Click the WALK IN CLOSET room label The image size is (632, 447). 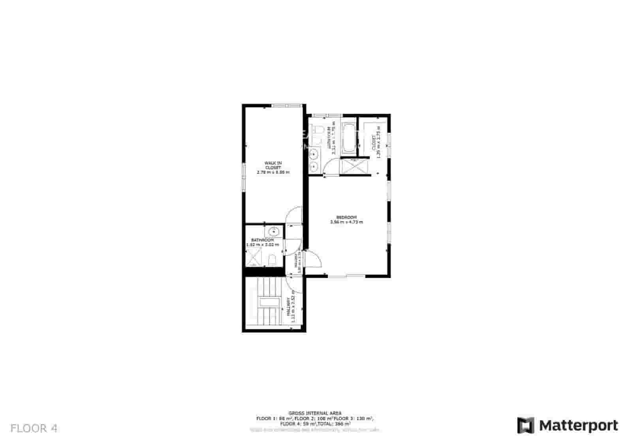[x=273, y=167]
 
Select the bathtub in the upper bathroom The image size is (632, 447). [x=348, y=138]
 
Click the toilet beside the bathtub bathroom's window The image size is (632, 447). [x=318, y=130]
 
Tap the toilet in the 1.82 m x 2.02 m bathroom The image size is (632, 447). [x=272, y=260]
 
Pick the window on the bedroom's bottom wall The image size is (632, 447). [x=346, y=276]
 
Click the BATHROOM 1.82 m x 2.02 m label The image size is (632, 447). [x=263, y=242]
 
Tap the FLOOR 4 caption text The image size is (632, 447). [x=34, y=428]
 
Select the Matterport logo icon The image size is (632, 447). [x=526, y=425]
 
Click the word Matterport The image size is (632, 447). [x=579, y=426]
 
